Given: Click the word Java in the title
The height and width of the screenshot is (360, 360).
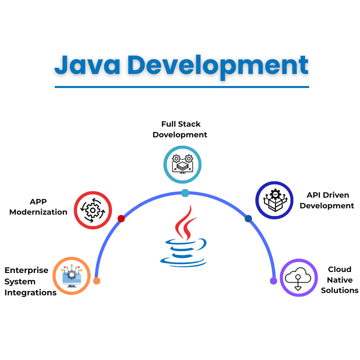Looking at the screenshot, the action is tap(87, 65).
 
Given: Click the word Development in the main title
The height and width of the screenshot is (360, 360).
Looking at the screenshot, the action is tap(218, 67).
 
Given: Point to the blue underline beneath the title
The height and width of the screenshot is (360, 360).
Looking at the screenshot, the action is tap(182, 87).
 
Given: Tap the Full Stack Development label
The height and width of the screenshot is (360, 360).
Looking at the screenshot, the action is tap(180, 129).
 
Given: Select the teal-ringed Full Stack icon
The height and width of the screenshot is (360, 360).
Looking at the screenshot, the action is tap(183, 165).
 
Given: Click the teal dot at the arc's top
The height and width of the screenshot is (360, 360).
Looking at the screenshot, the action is tap(185, 193).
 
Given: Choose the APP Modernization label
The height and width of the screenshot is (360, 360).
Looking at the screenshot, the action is tap(38, 207).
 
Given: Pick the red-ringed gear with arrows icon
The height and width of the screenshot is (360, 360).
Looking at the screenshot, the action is tap(93, 210).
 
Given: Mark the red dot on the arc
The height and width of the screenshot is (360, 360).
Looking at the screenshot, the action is tap(121, 219).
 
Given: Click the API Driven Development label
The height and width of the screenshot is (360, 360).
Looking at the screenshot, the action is tap(327, 200).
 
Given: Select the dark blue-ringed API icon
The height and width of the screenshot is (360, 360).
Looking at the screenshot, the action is tap(275, 200).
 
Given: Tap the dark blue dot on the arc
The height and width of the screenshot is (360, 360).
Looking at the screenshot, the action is tap(248, 219).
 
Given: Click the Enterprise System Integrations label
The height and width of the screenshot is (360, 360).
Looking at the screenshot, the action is tap(31, 281).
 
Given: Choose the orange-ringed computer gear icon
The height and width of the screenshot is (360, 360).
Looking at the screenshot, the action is tap(72, 276).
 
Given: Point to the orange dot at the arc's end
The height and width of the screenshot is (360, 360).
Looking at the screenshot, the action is tap(97, 281).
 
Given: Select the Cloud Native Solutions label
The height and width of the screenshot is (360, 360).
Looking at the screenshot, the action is tap(340, 280).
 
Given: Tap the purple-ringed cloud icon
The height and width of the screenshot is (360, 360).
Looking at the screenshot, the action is tap(299, 278).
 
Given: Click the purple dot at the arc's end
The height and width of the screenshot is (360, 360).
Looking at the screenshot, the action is tap(273, 281).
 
